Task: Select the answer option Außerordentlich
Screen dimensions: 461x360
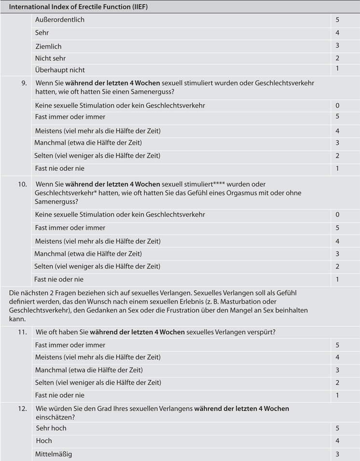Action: [x=59, y=20]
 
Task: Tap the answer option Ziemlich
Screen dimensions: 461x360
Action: [x=48, y=46]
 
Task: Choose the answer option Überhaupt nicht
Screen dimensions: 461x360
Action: [x=60, y=70]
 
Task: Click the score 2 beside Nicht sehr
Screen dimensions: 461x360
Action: [x=338, y=58]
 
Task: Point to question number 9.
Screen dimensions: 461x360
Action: [x=24, y=83]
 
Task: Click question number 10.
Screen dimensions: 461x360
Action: [x=23, y=184]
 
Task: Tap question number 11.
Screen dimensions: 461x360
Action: [x=23, y=332]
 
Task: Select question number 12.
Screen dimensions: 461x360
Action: [x=23, y=408]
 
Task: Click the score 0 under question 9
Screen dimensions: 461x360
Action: [x=338, y=105]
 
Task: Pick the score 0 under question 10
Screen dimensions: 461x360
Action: [x=338, y=215]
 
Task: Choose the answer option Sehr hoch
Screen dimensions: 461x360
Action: [x=51, y=428]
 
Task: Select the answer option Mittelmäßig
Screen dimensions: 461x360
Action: [x=54, y=454]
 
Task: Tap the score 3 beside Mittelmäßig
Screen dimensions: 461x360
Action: [x=338, y=454]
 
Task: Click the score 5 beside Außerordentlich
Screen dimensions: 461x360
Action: [x=338, y=20]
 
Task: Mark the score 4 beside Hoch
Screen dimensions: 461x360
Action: [x=338, y=441]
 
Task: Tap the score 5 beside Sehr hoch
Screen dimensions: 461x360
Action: [x=338, y=428]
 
